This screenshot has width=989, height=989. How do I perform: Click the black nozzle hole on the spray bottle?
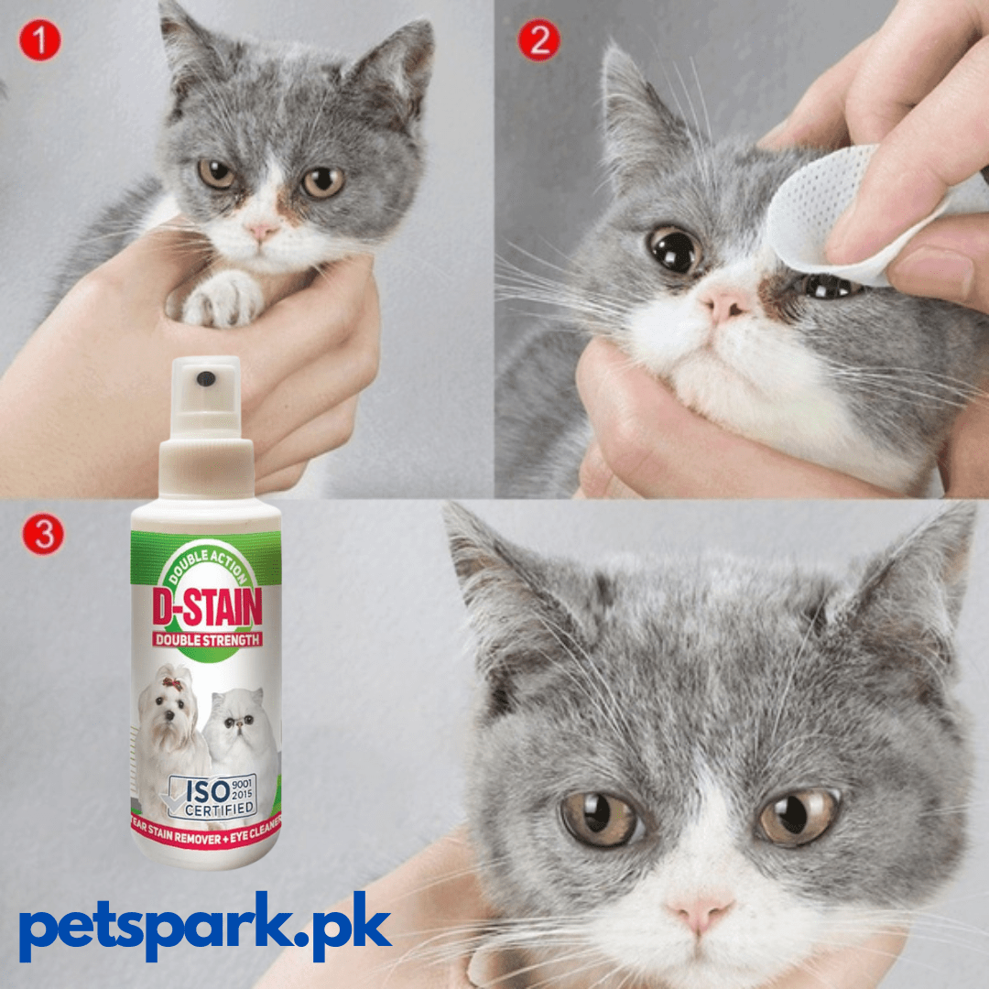pos(206,378)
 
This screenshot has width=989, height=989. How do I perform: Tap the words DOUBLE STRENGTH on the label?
pos(208,638)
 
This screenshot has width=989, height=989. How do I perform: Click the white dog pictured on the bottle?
pos(172,723)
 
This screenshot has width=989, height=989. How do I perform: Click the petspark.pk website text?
pos(205,927)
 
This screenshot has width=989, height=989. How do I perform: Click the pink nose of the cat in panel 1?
pos(263,231)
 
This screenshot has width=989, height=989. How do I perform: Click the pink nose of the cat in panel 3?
pos(701,911)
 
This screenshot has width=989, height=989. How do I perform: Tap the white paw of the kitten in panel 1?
pos(223,299)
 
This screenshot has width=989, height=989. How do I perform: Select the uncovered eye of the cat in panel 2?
pos(675,249)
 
